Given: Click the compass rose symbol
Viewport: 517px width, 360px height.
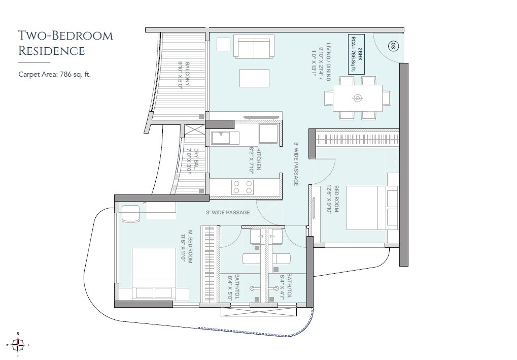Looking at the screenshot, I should click(x=18, y=344).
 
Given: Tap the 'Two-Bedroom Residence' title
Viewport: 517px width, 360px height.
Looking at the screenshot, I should click(x=65, y=43).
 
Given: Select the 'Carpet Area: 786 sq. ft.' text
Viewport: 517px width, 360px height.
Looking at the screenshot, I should click(x=54, y=74).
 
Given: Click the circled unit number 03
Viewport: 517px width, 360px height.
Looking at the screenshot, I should click(x=392, y=46).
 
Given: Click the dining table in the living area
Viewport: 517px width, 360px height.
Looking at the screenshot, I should click(x=358, y=97).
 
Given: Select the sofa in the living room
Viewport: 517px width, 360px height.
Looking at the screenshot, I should click(x=254, y=47).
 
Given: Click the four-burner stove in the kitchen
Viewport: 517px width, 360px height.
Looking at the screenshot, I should click(x=243, y=187).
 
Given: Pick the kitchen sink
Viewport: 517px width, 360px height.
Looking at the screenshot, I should click(x=221, y=137).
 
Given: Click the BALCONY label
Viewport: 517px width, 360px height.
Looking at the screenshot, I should click(x=184, y=75).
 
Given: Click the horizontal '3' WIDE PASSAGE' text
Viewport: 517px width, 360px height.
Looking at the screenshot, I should click(x=228, y=212).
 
